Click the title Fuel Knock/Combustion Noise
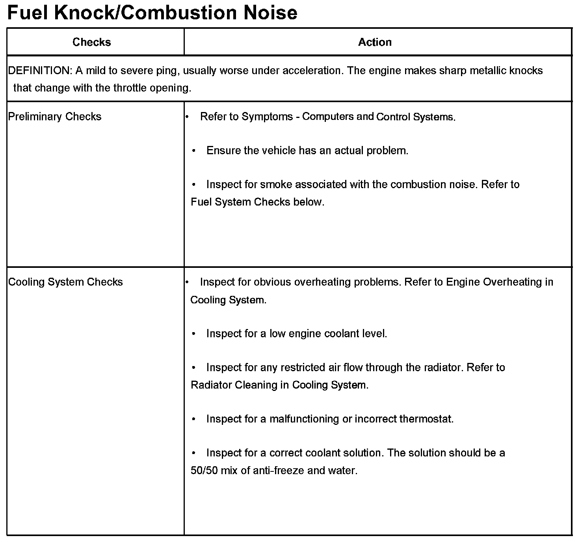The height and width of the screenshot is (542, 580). point(152,13)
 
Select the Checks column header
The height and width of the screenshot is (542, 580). point(92,42)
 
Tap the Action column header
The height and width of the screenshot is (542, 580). point(375,42)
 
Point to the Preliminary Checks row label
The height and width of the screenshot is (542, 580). point(55,117)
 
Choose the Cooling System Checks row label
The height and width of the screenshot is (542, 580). point(65,282)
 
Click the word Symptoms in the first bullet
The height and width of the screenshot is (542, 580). point(267,117)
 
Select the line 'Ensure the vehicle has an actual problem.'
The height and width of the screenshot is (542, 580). point(307,151)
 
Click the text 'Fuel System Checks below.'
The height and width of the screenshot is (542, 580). point(257,202)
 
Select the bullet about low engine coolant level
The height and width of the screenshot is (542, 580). point(296,334)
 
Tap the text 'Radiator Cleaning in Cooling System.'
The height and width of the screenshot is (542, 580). point(279,385)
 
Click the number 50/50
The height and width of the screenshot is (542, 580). point(204,471)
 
